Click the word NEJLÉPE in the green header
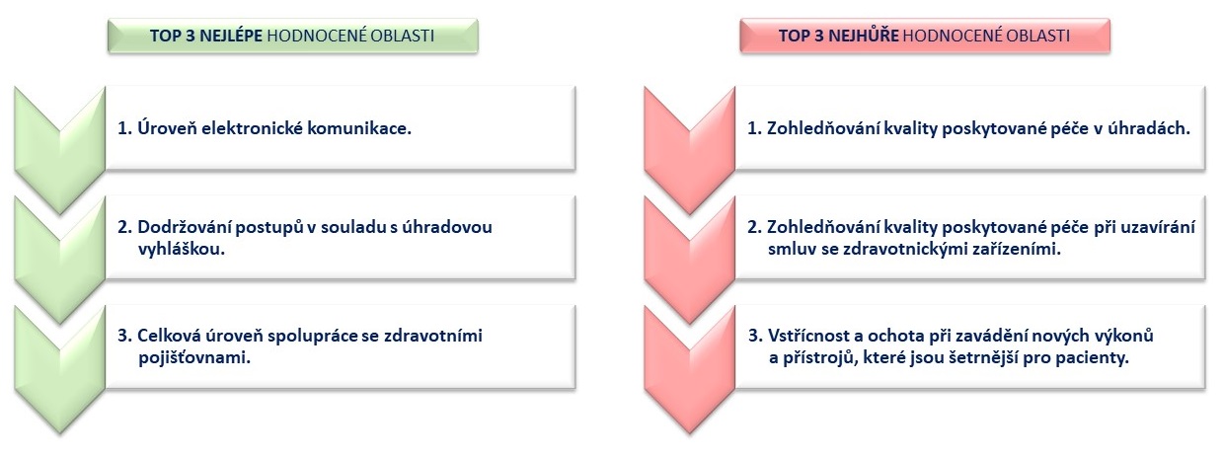point(231,36)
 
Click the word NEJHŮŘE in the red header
point(864,36)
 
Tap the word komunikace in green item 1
point(359,128)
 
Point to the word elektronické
point(252,128)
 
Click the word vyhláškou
point(182,249)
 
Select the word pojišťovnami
point(194,358)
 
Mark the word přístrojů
point(817,358)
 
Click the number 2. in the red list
point(754,227)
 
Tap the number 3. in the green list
point(125,337)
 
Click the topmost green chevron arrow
point(59,150)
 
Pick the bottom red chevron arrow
point(690,370)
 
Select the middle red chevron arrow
point(690,261)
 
